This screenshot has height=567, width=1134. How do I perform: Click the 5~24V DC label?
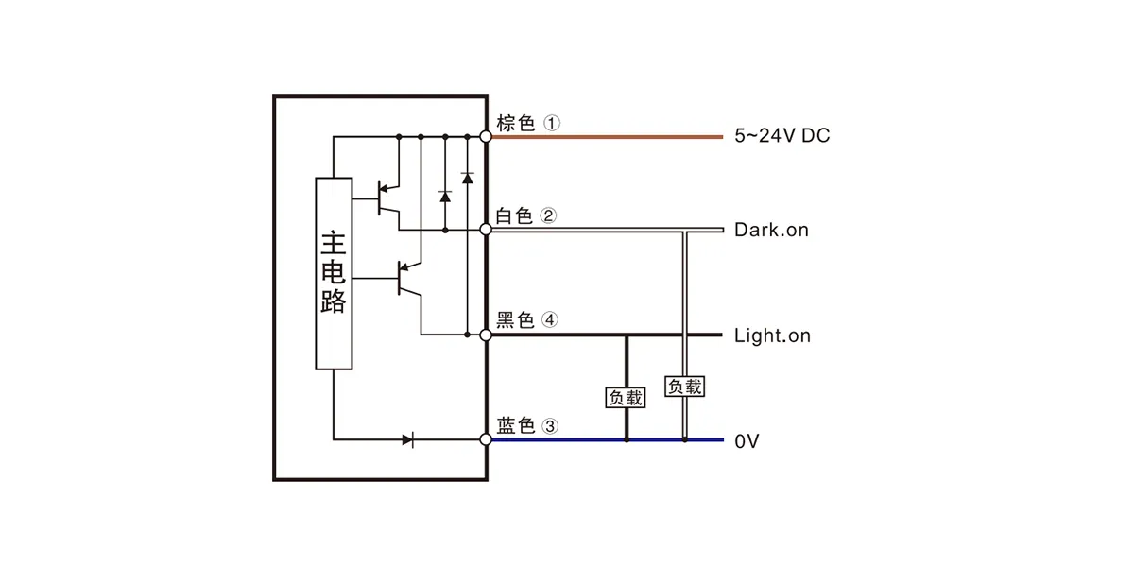(x=782, y=136)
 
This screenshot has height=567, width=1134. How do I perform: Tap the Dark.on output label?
(x=771, y=230)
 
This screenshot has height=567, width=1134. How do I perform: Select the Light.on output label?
(x=773, y=335)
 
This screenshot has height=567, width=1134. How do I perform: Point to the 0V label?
(x=747, y=441)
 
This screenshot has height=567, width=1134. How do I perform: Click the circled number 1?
(x=552, y=123)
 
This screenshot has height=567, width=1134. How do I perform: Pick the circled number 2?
(x=548, y=215)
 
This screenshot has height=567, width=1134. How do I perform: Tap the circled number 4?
(x=550, y=320)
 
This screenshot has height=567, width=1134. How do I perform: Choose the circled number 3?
(x=550, y=426)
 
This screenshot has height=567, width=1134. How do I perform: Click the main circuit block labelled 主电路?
(x=334, y=273)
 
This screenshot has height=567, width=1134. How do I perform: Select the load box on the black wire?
(x=626, y=398)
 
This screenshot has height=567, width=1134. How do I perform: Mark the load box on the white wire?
(x=684, y=387)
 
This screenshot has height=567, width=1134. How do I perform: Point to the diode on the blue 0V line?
(x=408, y=440)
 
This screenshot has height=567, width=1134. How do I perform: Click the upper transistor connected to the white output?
(x=388, y=199)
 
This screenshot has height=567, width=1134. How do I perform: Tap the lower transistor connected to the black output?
(x=409, y=279)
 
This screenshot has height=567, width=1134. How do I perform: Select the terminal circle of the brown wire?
(x=486, y=137)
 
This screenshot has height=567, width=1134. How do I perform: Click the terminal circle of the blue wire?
(x=486, y=440)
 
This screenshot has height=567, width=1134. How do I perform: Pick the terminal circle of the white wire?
(x=486, y=230)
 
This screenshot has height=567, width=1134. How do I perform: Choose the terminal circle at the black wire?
(x=486, y=335)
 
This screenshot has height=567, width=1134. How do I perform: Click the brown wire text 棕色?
(x=516, y=123)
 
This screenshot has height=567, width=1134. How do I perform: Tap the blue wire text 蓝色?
(x=516, y=426)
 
